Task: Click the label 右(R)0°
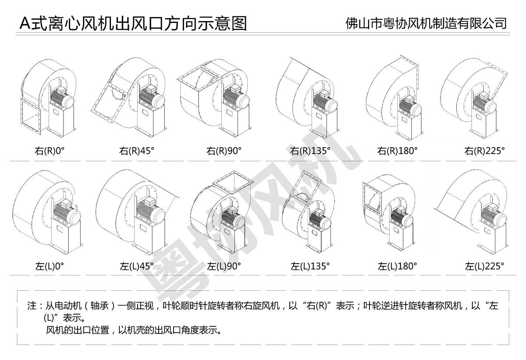point(50,151)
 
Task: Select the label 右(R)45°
point(137,151)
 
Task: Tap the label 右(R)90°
point(224,151)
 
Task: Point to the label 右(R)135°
point(310,151)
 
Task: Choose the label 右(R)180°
point(398,151)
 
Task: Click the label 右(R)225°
point(485,151)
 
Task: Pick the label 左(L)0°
point(50,266)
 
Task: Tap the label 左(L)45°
point(137,266)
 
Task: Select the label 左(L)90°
point(224,266)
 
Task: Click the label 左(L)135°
point(310,266)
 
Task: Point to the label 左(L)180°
point(398,266)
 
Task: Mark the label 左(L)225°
point(485,266)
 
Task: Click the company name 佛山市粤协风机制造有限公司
point(426,23)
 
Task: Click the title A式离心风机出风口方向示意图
point(133,24)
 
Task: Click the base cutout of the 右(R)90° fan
point(229,112)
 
